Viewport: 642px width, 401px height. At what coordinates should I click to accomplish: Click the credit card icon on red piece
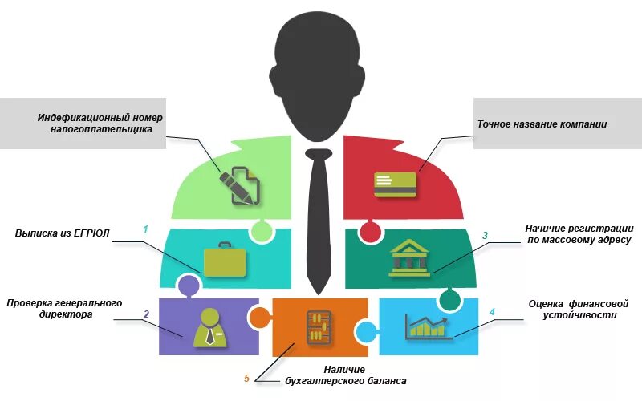(x=395, y=184)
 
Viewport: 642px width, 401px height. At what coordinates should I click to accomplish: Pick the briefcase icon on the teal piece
(x=225, y=261)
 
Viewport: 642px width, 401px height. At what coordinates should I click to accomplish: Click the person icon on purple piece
(x=209, y=326)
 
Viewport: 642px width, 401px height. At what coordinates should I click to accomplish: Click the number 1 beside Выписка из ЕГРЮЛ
(x=145, y=229)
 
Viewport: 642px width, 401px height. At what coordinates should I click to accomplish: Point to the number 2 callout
(x=146, y=314)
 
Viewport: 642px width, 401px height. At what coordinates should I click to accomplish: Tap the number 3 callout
(x=485, y=236)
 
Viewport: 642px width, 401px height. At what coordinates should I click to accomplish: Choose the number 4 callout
(x=492, y=311)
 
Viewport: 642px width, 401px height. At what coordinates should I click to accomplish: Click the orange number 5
(x=246, y=379)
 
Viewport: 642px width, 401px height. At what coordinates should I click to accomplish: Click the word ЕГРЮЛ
(x=91, y=233)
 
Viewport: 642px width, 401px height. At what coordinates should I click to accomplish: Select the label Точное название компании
(x=542, y=124)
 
